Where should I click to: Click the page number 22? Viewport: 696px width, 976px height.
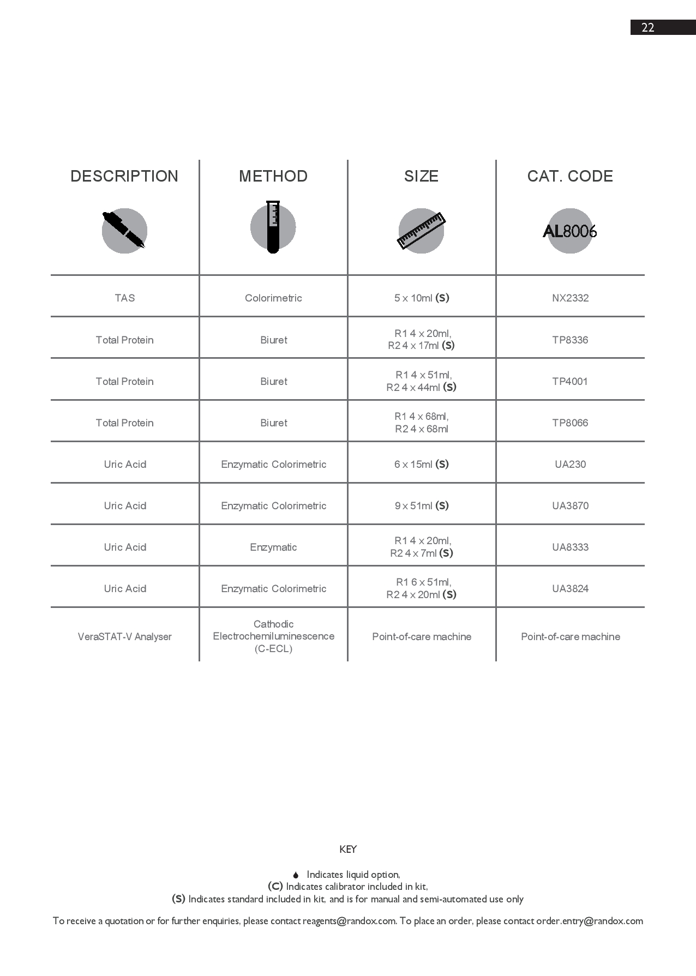pos(647,28)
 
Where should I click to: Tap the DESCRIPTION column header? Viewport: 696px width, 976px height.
pos(124,176)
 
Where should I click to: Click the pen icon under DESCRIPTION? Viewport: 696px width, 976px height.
pos(124,231)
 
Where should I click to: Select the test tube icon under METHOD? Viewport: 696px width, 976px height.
pos(273,227)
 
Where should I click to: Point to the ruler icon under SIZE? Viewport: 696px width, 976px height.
pos(421,231)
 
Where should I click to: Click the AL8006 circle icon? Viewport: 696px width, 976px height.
pos(570,231)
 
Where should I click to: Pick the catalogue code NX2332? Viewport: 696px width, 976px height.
pos(570,298)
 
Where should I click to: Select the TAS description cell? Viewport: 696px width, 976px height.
pos(124,298)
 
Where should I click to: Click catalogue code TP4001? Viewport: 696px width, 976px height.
pos(570,382)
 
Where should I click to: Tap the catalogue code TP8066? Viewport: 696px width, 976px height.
pos(570,423)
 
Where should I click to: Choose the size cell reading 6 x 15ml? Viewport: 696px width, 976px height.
pos(421,465)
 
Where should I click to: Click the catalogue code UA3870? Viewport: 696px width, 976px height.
pos(570,506)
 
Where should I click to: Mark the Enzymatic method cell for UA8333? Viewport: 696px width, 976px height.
pos(273,547)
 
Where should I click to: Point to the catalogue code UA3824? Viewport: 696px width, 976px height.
pos(570,589)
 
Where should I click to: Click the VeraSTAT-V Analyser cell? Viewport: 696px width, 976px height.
pos(124,637)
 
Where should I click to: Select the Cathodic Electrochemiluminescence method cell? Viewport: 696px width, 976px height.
pos(273,636)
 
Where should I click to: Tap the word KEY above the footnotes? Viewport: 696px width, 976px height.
pos(348,850)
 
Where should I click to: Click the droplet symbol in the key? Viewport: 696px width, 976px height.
pos(296,875)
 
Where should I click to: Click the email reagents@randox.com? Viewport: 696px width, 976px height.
pos(349,921)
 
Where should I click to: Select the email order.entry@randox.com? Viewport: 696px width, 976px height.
pos(589,921)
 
